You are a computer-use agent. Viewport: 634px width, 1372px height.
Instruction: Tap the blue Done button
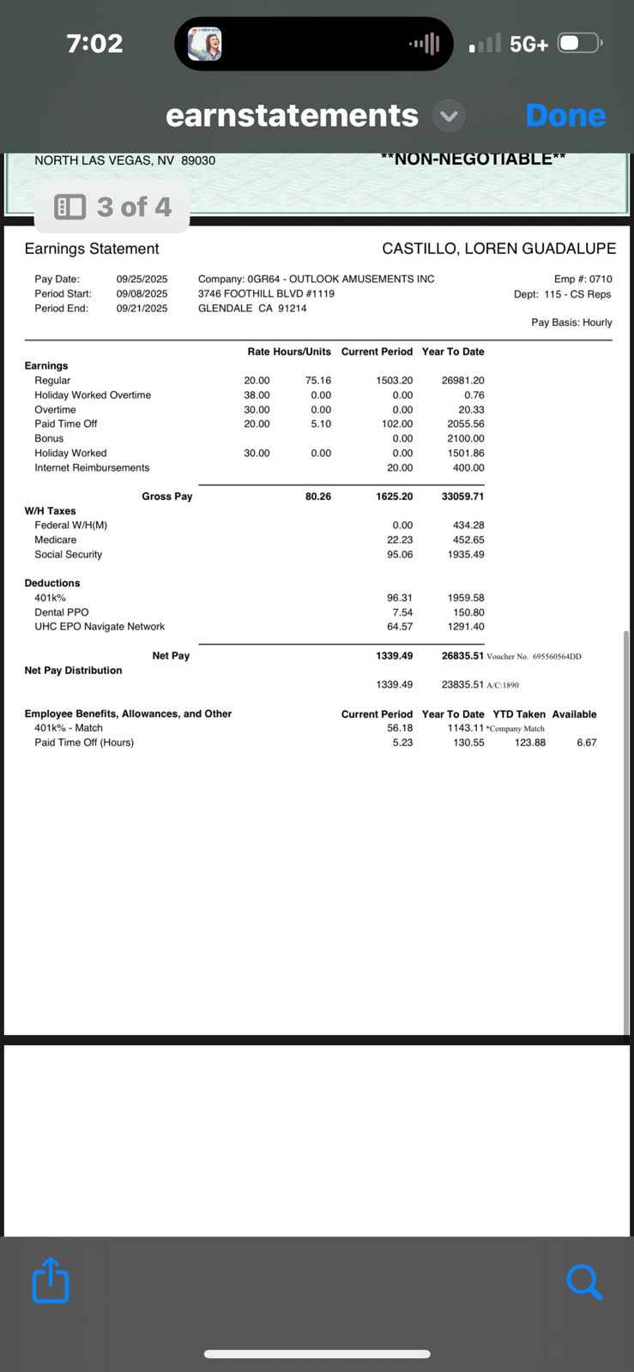point(565,116)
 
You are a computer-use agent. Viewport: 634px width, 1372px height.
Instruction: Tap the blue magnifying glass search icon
point(584,1282)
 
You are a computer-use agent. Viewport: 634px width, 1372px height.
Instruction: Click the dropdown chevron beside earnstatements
point(449,116)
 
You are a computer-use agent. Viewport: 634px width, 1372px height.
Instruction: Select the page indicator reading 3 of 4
point(112,207)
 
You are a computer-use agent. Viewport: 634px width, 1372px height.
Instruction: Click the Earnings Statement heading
point(92,249)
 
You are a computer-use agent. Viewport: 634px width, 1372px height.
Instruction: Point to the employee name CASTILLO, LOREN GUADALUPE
point(498,249)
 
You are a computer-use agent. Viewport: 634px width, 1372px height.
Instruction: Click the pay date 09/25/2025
point(142,279)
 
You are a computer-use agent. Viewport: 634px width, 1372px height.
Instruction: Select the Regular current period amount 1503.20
point(394,381)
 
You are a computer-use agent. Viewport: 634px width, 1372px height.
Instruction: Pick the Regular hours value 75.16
point(317,381)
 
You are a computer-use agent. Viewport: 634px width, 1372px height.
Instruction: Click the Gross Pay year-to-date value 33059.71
point(462,496)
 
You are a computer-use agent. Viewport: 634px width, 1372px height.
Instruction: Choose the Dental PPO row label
point(61,612)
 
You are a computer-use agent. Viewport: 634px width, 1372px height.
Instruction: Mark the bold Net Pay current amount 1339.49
point(394,656)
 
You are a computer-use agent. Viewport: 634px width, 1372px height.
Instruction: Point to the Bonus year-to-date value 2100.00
point(465,438)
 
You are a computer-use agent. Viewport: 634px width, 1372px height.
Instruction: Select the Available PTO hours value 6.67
point(586,743)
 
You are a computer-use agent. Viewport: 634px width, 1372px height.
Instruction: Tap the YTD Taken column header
point(518,714)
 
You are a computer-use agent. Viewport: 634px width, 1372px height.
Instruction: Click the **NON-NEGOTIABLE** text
point(473,159)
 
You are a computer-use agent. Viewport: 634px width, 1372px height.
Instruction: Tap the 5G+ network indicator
point(528,44)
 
